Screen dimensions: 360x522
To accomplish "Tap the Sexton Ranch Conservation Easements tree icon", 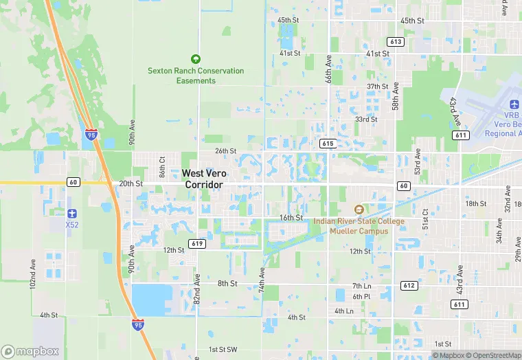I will tap(196, 59).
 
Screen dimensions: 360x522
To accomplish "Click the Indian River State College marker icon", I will tap(358, 209).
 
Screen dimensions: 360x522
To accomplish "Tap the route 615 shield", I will tap(327, 143).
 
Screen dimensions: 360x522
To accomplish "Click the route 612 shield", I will tap(409, 285).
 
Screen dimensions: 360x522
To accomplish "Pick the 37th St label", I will tap(377, 87).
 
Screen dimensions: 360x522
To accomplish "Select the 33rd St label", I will tap(366, 119).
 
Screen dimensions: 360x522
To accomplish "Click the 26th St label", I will tap(225, 151).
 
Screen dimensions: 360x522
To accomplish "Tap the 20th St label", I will tap(130, 184).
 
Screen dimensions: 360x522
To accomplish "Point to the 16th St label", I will tap(291, 218).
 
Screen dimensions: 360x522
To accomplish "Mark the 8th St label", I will tap(227, 283).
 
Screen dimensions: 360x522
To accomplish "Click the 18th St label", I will tap(475, 204).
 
